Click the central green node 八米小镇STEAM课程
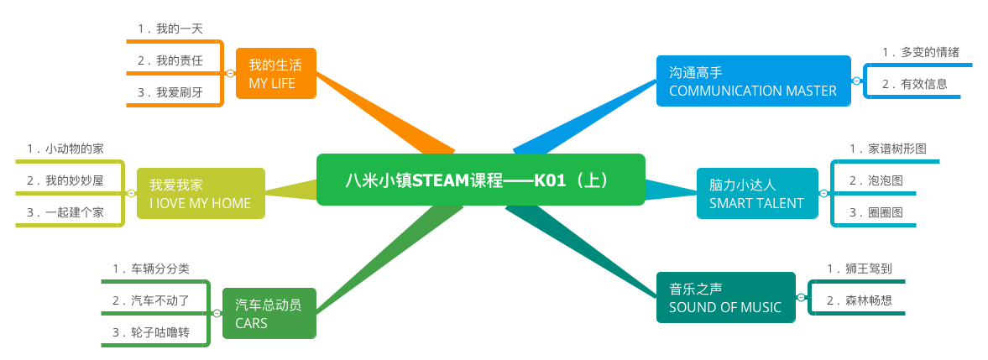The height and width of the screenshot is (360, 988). [x=480, y=180]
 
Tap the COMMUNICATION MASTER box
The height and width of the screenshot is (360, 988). [x=753, y=81]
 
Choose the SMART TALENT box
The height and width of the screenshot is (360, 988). [x=756, y=193]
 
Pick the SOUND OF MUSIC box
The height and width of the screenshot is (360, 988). [x=725, y=297]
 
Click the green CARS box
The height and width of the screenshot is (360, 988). [x=269, y=313]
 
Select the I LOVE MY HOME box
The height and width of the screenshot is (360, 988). [x=201, y=193]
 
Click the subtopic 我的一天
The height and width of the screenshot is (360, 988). [x=171, y=29]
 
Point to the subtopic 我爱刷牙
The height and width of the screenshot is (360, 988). [x=171, y=92]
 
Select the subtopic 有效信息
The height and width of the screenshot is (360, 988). [x=915, y=84]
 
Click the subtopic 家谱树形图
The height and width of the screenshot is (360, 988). [x=887, y=149]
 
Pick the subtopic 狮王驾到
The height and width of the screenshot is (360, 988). [x=860, y=269]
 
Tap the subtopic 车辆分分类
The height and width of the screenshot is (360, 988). [x=151, y=269]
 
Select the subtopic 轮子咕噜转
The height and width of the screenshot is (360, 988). [x=151, y=333]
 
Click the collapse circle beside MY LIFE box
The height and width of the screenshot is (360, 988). [x=230, y=74]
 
